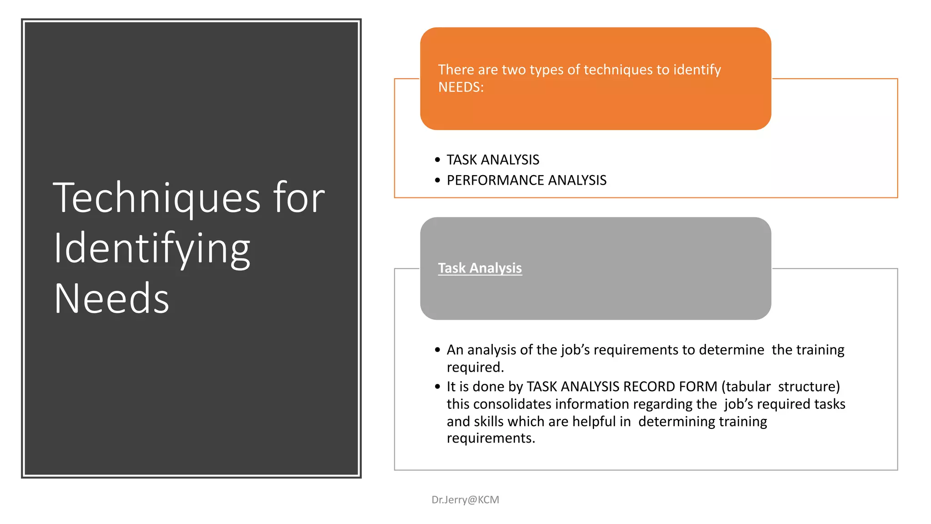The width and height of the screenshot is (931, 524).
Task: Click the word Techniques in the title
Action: coord(157,198)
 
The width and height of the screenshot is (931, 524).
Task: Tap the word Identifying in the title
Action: coord(152,249)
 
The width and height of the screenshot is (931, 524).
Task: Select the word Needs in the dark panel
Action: coord(111,299)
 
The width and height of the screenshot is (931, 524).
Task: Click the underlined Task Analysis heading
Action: coord(480,268)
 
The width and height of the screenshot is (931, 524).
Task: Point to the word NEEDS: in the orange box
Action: coord(460,87)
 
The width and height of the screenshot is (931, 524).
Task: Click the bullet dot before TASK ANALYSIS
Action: coord(437,160)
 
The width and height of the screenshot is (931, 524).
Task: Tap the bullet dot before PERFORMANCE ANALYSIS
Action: coord(437,180)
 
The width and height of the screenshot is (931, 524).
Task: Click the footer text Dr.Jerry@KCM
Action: coord(465,499)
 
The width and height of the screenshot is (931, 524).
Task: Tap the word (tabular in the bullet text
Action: coord(746,386)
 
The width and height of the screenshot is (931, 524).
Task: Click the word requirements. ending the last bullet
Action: coord(491,438)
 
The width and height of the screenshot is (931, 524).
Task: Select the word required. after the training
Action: coord(475,367)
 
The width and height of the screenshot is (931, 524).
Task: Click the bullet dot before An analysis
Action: coord(437,350)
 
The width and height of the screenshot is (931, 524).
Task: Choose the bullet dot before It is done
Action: coord(437,387)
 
